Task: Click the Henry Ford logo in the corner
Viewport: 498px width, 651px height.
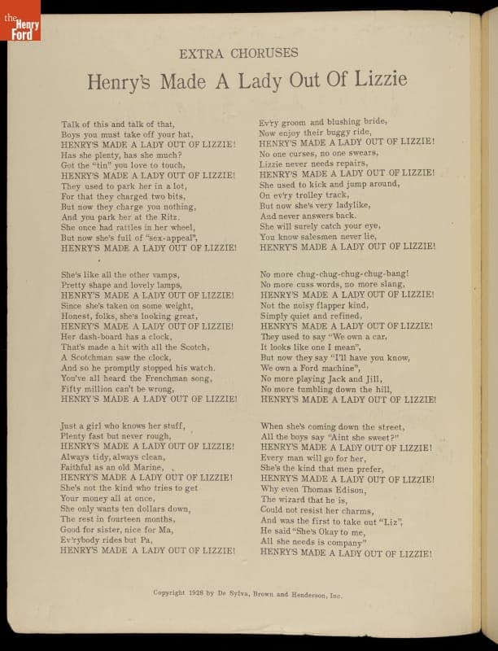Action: (x=20, y=20)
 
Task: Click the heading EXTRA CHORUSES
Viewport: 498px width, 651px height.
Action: (x=238, y=54)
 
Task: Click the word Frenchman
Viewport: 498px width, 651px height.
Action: (x=165, y=378)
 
